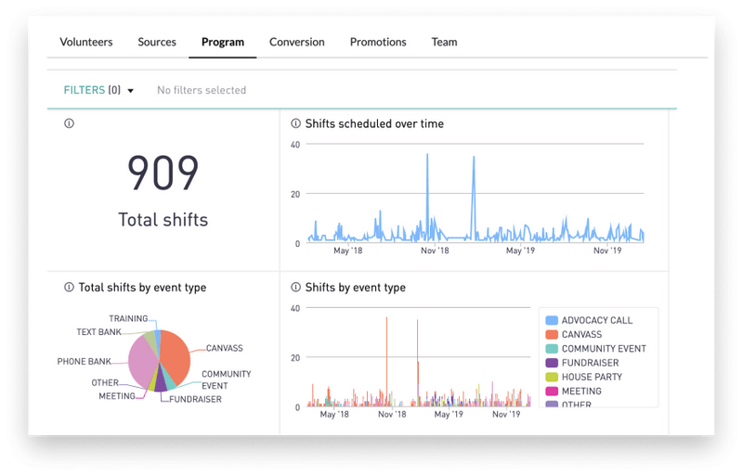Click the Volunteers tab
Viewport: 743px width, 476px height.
86,42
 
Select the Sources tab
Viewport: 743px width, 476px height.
157,42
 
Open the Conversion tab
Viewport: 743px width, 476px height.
297,42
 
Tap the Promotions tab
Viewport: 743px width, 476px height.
378,42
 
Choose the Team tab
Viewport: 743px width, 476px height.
444,42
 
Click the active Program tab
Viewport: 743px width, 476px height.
223,42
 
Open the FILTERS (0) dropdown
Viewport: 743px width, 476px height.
98,90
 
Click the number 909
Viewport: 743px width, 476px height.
163,173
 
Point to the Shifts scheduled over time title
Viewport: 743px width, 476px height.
374,123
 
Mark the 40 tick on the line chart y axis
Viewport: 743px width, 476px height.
294,145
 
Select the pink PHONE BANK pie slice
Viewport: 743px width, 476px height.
142,364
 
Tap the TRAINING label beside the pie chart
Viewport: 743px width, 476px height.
128,318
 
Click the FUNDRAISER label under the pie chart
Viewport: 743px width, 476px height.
195,399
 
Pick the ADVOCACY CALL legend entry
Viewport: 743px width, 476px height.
596,320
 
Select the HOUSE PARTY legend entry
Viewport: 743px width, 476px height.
591,377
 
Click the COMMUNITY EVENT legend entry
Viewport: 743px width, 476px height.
603,349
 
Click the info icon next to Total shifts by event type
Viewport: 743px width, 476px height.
69,288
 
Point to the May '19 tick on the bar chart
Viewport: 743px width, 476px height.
449,415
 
